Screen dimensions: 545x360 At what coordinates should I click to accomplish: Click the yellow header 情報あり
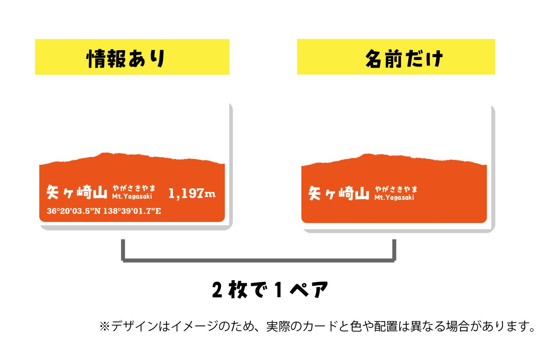coord(132,57)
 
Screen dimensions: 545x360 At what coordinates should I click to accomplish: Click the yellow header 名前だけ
coord(396,57)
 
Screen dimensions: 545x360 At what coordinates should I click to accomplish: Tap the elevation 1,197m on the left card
coord(192,194)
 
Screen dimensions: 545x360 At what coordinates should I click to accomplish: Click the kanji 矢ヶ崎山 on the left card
coord(77,192)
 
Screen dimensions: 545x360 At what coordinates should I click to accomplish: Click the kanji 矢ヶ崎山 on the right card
coord(339,193)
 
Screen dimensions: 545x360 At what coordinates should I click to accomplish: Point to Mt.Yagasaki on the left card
coord(132,196)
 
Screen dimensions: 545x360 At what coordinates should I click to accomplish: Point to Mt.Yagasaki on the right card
coord(394,197)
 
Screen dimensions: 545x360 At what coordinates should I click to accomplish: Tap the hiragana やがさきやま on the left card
coord(134,188)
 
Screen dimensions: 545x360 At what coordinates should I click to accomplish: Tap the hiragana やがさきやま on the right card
coord(396,189)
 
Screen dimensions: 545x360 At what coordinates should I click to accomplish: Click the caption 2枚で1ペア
coord(270,290)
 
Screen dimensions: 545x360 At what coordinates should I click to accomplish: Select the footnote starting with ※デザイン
coord(317,327)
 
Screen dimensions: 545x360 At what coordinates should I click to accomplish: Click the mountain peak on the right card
coord(367,154)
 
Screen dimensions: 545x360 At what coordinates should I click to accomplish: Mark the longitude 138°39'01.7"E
coord(132,211)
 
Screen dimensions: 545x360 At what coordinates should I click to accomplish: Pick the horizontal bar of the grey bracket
coord(259,261)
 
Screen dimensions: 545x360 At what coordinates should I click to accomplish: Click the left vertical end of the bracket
coord(123,250)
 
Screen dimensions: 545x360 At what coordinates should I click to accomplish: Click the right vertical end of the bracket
coord(394,250)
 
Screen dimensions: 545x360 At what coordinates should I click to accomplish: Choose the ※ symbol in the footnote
coord(105,327)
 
